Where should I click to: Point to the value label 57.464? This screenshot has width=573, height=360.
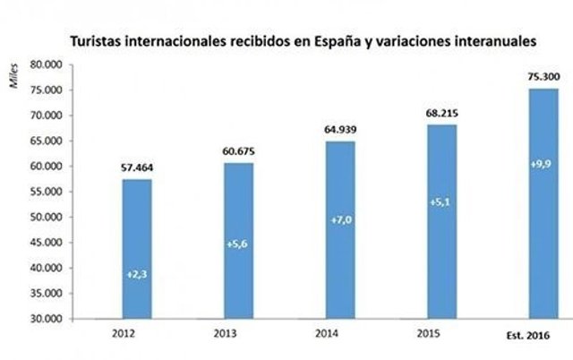tap(137, 167)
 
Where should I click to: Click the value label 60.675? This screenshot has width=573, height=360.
tap(238, 151)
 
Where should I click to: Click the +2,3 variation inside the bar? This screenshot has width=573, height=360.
tap(137, 275)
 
